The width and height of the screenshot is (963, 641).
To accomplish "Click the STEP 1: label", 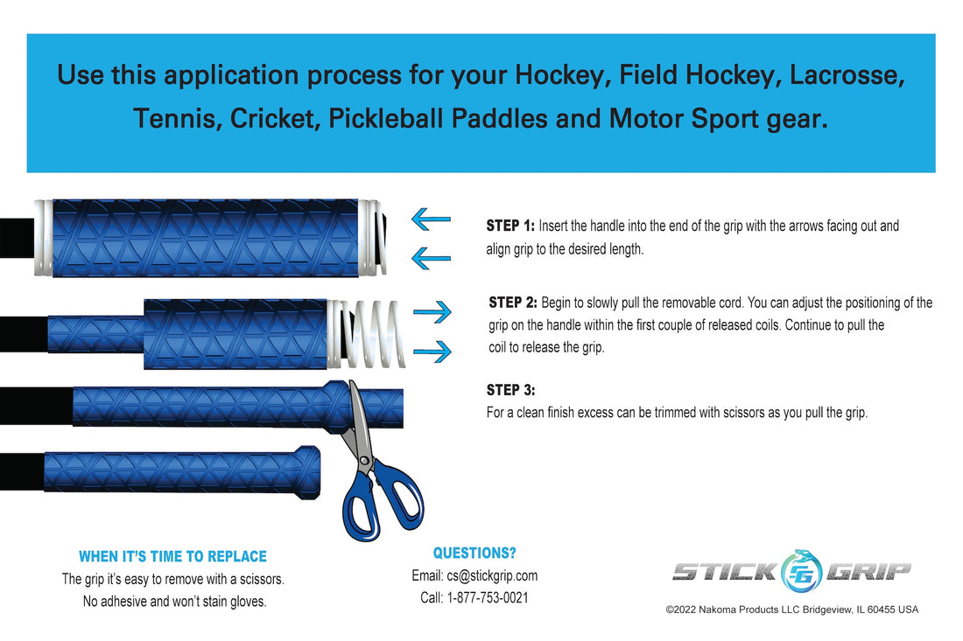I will click(510, 226).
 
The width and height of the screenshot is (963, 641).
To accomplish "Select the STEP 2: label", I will click(513, 303).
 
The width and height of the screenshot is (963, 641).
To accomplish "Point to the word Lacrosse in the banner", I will click(847, 74).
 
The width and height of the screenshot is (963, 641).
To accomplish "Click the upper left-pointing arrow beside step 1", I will click(431, 219).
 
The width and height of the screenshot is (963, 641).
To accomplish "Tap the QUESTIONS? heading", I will click(474, 553).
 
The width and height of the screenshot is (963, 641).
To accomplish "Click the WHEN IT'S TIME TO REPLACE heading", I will click(172, 556).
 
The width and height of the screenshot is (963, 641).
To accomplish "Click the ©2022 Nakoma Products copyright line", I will click(791, 610).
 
